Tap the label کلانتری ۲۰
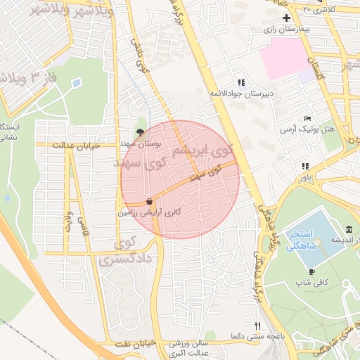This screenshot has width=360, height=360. click(319, 9)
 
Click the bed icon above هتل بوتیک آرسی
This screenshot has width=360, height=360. click(307, 119)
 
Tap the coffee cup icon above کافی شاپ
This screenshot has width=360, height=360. click(311, 271)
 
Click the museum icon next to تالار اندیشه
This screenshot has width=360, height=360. click(349, 230)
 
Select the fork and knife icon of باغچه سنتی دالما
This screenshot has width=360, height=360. click(257, 326)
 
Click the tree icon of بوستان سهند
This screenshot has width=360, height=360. click(141, 131)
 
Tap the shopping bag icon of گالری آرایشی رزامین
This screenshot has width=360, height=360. click(149, 200)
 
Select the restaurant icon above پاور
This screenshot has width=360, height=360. click(304, 167)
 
